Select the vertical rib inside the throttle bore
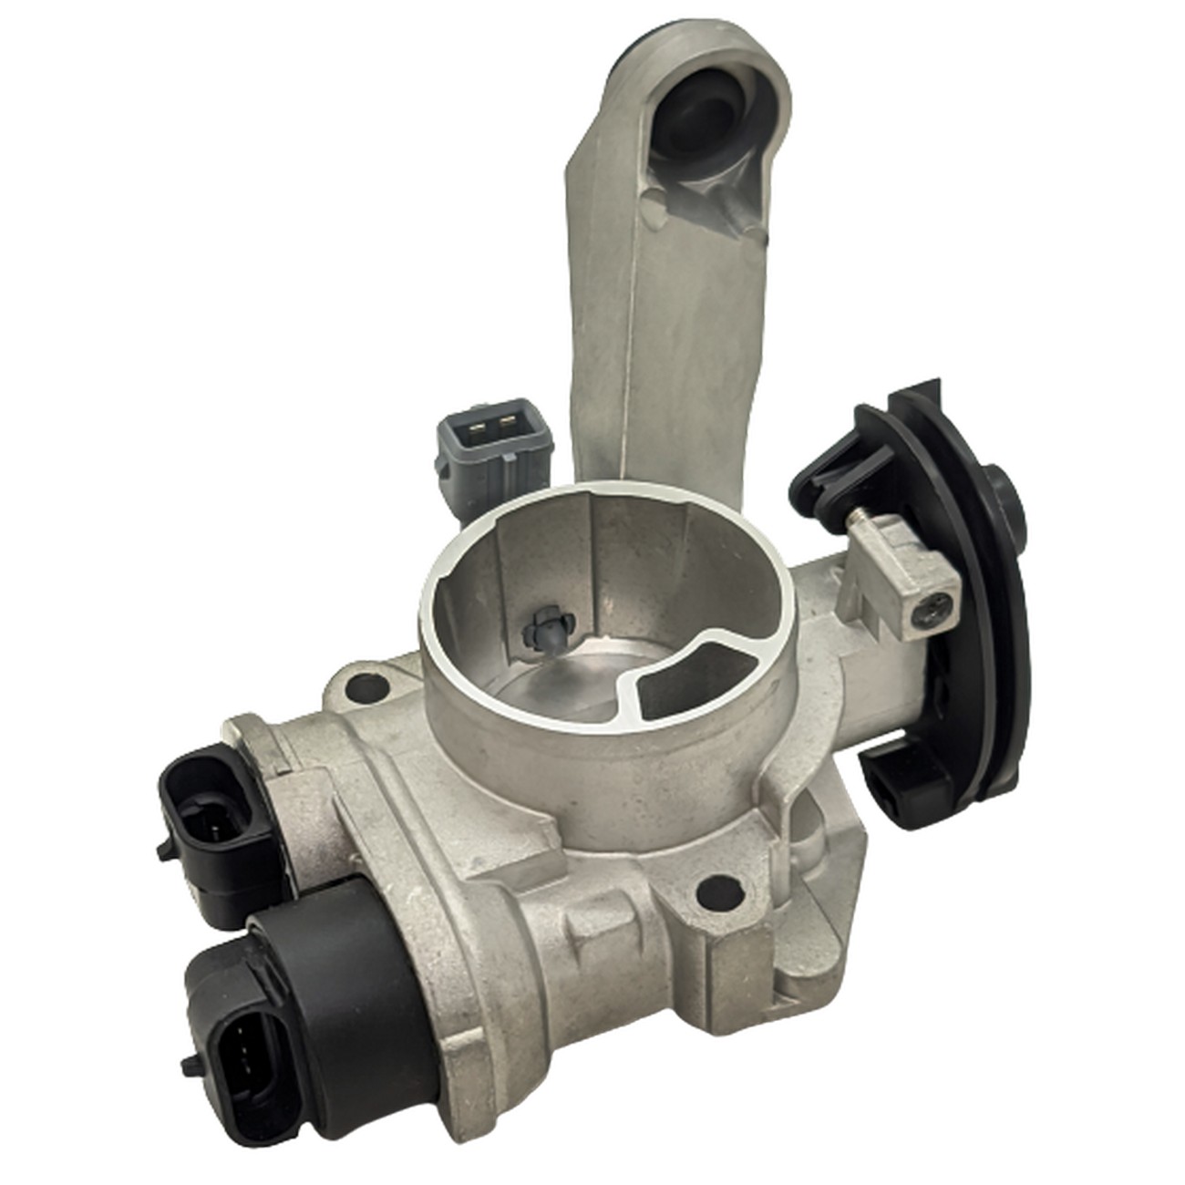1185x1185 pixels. pos(592,556)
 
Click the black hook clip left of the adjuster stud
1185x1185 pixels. pos(825,474)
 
